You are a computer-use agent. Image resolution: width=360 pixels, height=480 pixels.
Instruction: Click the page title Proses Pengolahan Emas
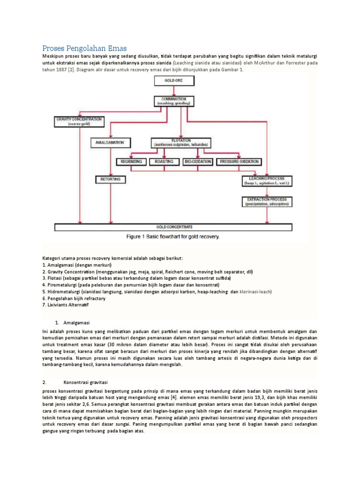click(84, 48)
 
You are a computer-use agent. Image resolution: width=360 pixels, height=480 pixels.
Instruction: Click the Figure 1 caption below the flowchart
click(173, 237)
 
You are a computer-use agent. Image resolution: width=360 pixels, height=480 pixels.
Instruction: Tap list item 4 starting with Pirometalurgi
click(131, 285)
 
